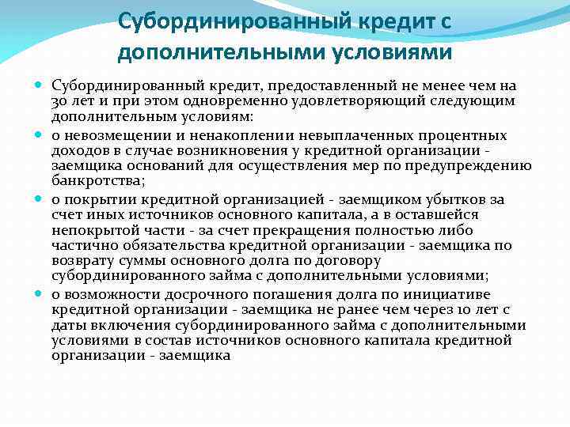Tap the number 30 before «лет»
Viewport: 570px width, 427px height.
click(59, 100)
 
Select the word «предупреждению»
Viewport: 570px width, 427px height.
click(482, 164)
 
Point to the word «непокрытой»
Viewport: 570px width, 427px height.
click(89, 229)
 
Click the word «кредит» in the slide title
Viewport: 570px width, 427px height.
click(397, 21)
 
